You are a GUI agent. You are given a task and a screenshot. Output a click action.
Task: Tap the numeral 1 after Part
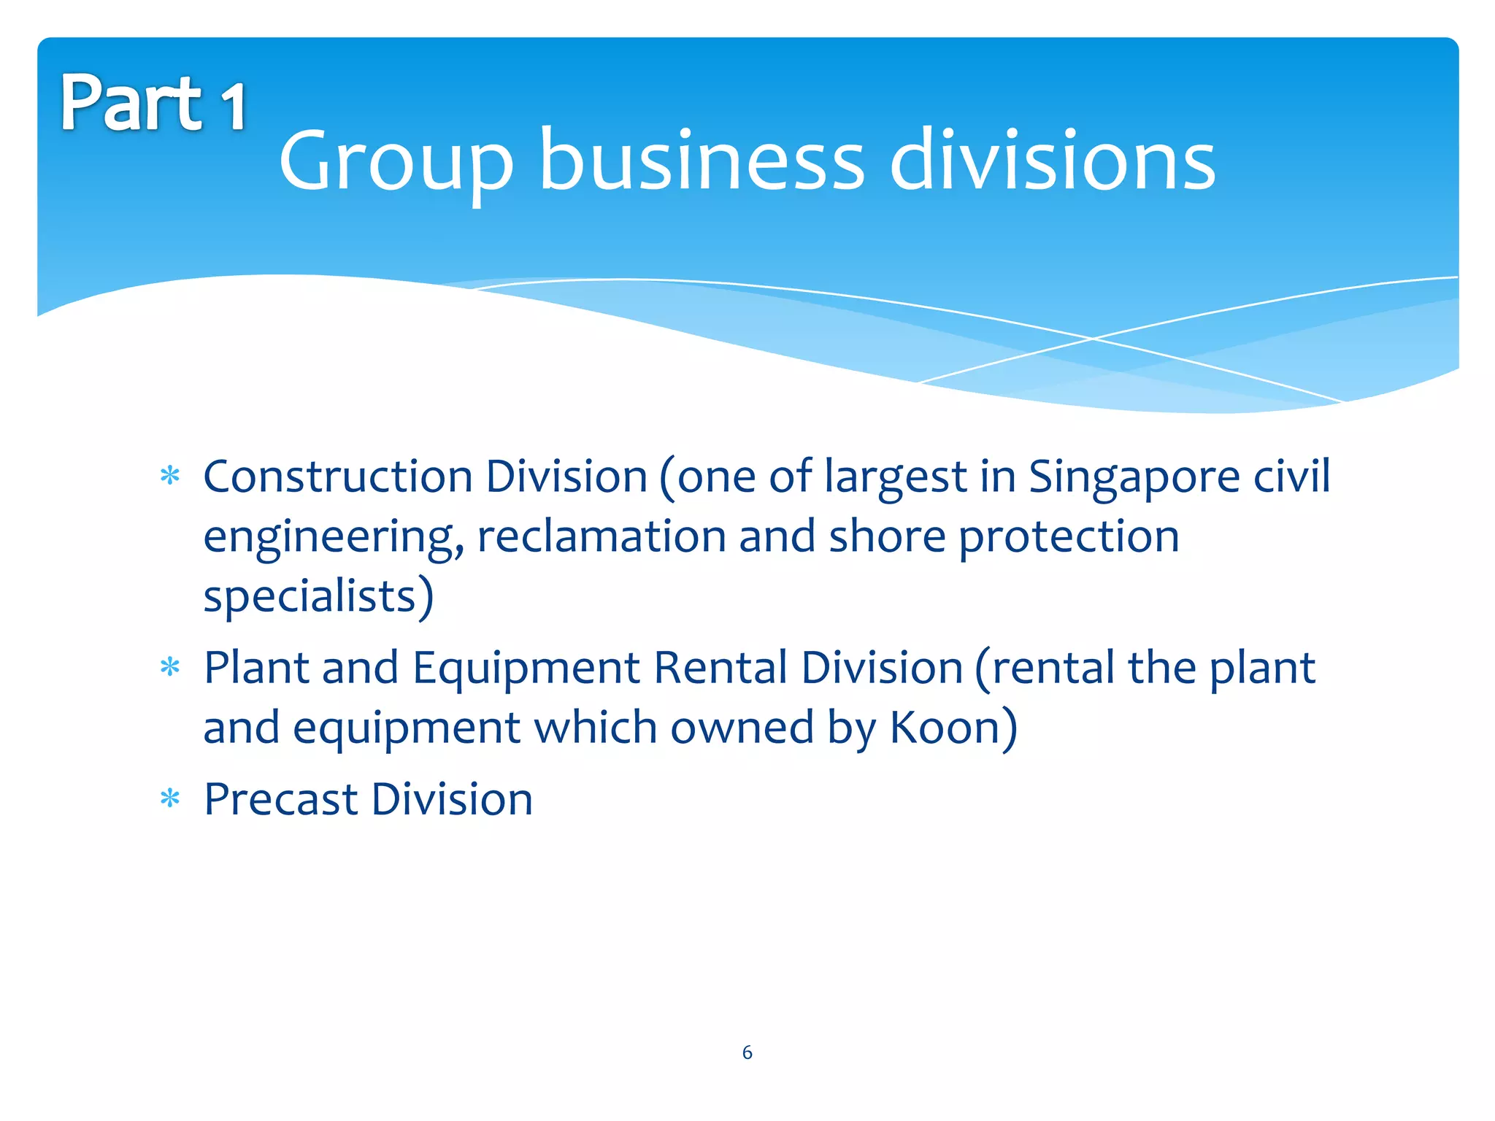click(x=234, y=107)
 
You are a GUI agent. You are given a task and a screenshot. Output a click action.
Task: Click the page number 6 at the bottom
click(x=747, y=1052)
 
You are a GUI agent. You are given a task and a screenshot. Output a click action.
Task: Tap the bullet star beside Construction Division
click(x=170, y=477)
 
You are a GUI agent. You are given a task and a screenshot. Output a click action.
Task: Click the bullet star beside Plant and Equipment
click(x=170, y=667)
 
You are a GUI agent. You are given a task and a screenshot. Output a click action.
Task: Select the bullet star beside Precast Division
click(x=170, y=798)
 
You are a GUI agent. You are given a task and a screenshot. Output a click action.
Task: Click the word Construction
click(x=338, y=477)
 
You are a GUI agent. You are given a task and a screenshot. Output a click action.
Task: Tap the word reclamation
click(x=602, y=536)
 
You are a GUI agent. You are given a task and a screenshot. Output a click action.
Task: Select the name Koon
click(x=945, y=728)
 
